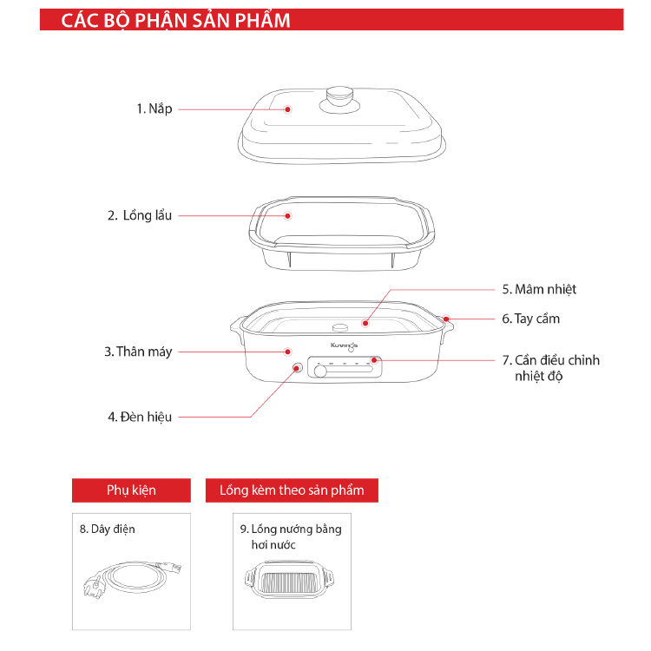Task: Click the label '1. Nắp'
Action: pyautogui.click(x=154, y=108)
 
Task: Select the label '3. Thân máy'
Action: pyautogui.click(x=138, y=352)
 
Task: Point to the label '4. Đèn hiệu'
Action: pyautogui.click(x=140, y=417)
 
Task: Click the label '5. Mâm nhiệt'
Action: pyautogui.click(x=539, y=289)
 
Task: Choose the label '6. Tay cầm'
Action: pyautogui.click(x=530, y=319)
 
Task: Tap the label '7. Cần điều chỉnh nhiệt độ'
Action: pyautogui.click(x=550, y=368)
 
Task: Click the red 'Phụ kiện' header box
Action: pyautogui.click(x=131, y=490)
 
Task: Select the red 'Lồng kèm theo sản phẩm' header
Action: pyautogui.click(x=292, y=490)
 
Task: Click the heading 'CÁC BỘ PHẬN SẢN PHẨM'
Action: pyautogui.click(x=175, y=21)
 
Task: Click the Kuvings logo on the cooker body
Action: pyautogui.click(x=345, y=345)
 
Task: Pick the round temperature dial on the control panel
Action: pyautogui.click(x=321, y=372)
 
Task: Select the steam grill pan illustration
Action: pyautogui.click(x=292, y=582)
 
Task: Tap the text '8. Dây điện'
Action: pyautogui.click(x=108, y=528)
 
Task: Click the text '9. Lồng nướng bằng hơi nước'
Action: pyautogui.click(x=290, y=536)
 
